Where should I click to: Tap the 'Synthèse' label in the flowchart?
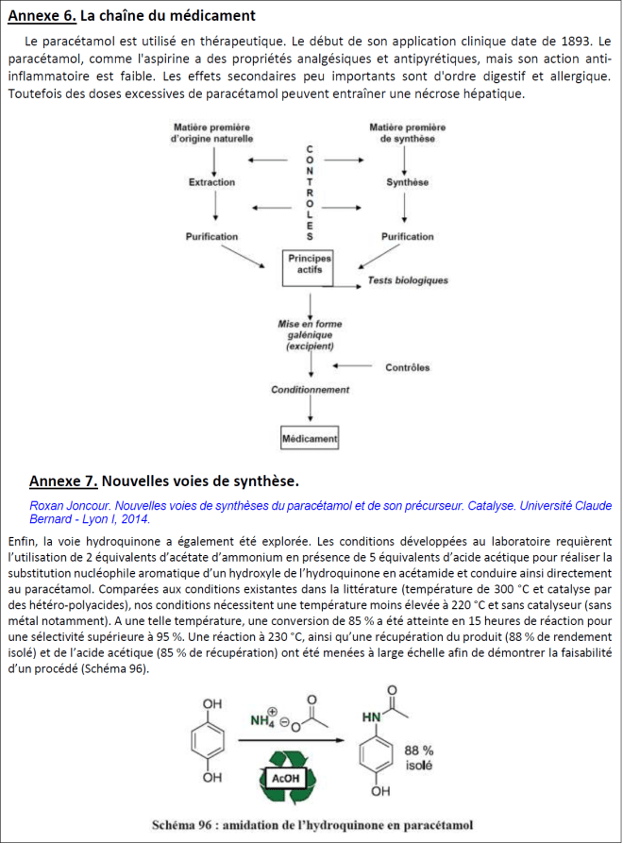(407, 182)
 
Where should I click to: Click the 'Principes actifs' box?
(309, 263)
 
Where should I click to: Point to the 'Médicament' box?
(310, 439)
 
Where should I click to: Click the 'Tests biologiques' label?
(408, 280)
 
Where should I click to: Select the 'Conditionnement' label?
(310, 389)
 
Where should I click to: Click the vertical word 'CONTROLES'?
(311, 192)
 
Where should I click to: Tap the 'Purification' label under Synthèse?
(407, 237)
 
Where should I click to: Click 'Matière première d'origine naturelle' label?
(211, 132)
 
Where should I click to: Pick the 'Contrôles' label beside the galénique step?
(408, 367)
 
